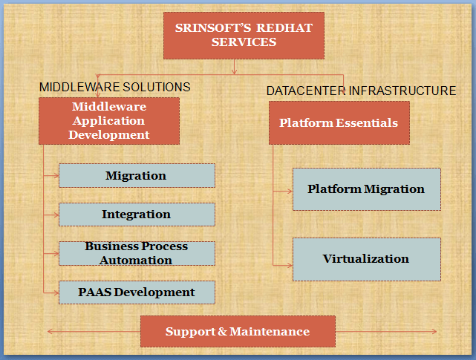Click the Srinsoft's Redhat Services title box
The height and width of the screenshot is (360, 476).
(x=244, y=36)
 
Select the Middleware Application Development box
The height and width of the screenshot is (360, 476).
(x=109, y=121)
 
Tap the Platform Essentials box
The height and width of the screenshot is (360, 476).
(x=339, y=122)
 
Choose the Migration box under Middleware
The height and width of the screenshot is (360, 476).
(x=137, y=175)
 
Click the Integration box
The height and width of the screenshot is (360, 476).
(x=137, y=215)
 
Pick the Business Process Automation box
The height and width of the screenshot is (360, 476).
(x=137, y=253)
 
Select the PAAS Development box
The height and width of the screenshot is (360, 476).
(x=137, y=292)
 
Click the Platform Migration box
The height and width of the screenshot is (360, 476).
(x=367, y=189)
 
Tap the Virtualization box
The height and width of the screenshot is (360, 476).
(x=367, y=259)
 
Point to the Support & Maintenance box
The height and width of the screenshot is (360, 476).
(x=238, y=331)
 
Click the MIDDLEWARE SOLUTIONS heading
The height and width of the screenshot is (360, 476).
(x=115, y=87)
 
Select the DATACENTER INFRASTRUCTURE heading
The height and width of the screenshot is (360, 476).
(x=361, y=91)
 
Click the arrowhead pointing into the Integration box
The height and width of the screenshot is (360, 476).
(x=56, y=215)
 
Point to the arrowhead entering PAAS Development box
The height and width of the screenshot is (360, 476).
(x=56, y=293)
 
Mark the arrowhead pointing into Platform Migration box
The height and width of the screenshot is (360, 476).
(x=290, y=192)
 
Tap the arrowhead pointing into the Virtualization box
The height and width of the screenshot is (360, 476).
(x=290, y=266)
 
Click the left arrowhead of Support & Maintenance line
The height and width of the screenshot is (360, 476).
(x=50, y=332)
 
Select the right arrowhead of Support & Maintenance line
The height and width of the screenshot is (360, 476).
(x=434, y=332)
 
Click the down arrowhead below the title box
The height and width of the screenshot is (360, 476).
(x=234, y=72)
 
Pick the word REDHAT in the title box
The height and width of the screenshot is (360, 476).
(x=284, y=28)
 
